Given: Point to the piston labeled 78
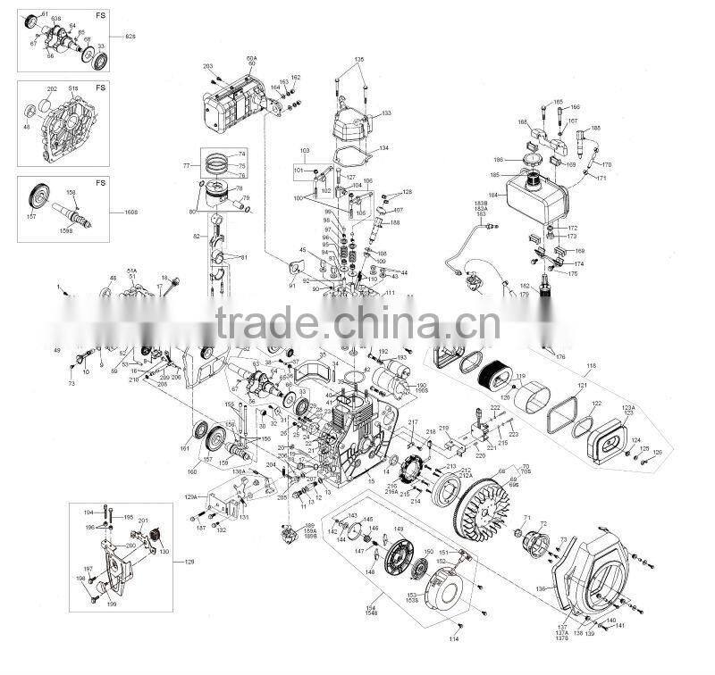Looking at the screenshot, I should click(223, 193).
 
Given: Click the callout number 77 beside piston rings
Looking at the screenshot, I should click(187, 166).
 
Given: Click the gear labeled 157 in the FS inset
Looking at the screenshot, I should click(39, 198).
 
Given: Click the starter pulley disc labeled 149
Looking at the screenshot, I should click(394, 562).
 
